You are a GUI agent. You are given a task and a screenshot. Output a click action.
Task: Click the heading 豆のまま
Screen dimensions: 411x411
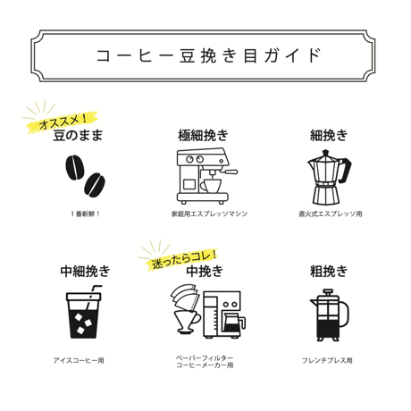pos(78,136)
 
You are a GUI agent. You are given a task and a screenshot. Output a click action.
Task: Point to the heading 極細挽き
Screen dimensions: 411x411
pos(203,136)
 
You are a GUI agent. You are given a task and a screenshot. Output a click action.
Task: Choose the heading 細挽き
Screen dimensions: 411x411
pos(329,136)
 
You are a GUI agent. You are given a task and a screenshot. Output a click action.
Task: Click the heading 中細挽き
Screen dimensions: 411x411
pos(85,271)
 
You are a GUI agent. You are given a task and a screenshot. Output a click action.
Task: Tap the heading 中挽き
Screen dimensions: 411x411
pos(205,271)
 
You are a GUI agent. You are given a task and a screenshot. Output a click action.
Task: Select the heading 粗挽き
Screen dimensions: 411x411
pos(329,271)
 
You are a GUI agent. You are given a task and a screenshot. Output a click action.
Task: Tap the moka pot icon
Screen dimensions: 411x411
pos(329,176)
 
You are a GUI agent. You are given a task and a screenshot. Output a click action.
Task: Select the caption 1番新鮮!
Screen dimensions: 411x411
pos(85,214)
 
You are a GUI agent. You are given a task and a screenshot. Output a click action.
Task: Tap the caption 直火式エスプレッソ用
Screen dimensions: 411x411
pos(330,214)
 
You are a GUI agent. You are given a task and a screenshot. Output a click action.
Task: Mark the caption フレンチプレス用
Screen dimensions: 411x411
pos(329,360)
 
